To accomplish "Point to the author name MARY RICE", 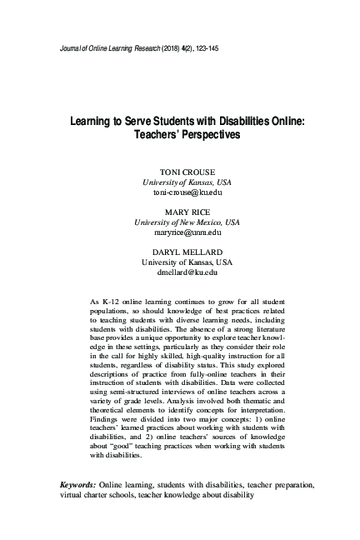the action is tap(181, 212).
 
